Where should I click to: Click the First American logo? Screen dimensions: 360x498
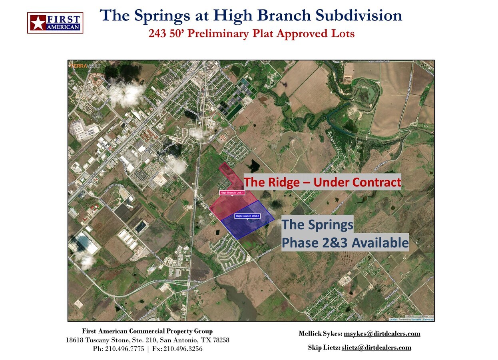coord(55,23)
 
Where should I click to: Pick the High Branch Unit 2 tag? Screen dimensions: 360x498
coord(248,216)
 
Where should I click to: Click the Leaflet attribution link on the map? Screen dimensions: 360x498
coord(393,319)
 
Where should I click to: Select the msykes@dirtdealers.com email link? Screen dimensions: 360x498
coord(382,334)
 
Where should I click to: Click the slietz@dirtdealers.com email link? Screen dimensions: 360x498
coord(376,347)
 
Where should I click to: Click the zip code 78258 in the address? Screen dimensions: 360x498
coord(221,340)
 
